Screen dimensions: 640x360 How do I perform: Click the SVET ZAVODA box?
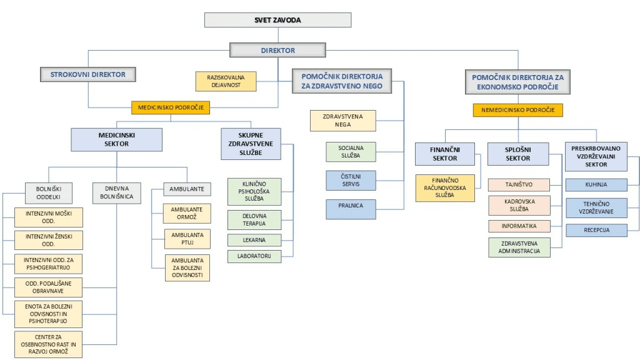pos(277,20)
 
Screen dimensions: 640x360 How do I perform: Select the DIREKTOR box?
pos(277,50)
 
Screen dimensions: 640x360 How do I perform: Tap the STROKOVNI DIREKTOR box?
pos(87,74)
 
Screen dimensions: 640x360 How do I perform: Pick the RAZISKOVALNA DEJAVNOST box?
pos(226,81)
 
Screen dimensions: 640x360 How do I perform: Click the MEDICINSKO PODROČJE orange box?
pos(171,107)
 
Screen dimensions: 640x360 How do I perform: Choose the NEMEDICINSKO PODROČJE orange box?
pos(518,110)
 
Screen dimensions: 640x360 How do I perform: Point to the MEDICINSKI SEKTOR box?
pos(116,139)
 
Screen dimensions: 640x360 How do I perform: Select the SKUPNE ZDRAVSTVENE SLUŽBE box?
pos(251,144)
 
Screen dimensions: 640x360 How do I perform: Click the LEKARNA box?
pos(254,240)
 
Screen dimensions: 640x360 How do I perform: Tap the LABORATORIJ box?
pos(254,256)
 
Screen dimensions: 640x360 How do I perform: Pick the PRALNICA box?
pos(351,209)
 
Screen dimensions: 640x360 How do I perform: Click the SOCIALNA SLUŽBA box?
pos(351,152)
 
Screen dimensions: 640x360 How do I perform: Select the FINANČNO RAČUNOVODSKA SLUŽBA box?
pos(445,188)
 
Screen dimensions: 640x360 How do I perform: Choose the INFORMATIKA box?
pos(519,226)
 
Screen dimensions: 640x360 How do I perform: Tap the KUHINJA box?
pos(596,185)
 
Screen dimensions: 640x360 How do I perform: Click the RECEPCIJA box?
pos(596,230)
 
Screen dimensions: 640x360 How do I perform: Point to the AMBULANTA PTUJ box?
pos(187,239)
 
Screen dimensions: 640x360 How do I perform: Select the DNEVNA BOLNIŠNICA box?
pos(117,192)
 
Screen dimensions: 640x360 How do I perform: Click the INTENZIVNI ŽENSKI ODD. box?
pos(49,241)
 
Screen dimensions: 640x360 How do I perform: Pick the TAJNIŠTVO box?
pos(519,185)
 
